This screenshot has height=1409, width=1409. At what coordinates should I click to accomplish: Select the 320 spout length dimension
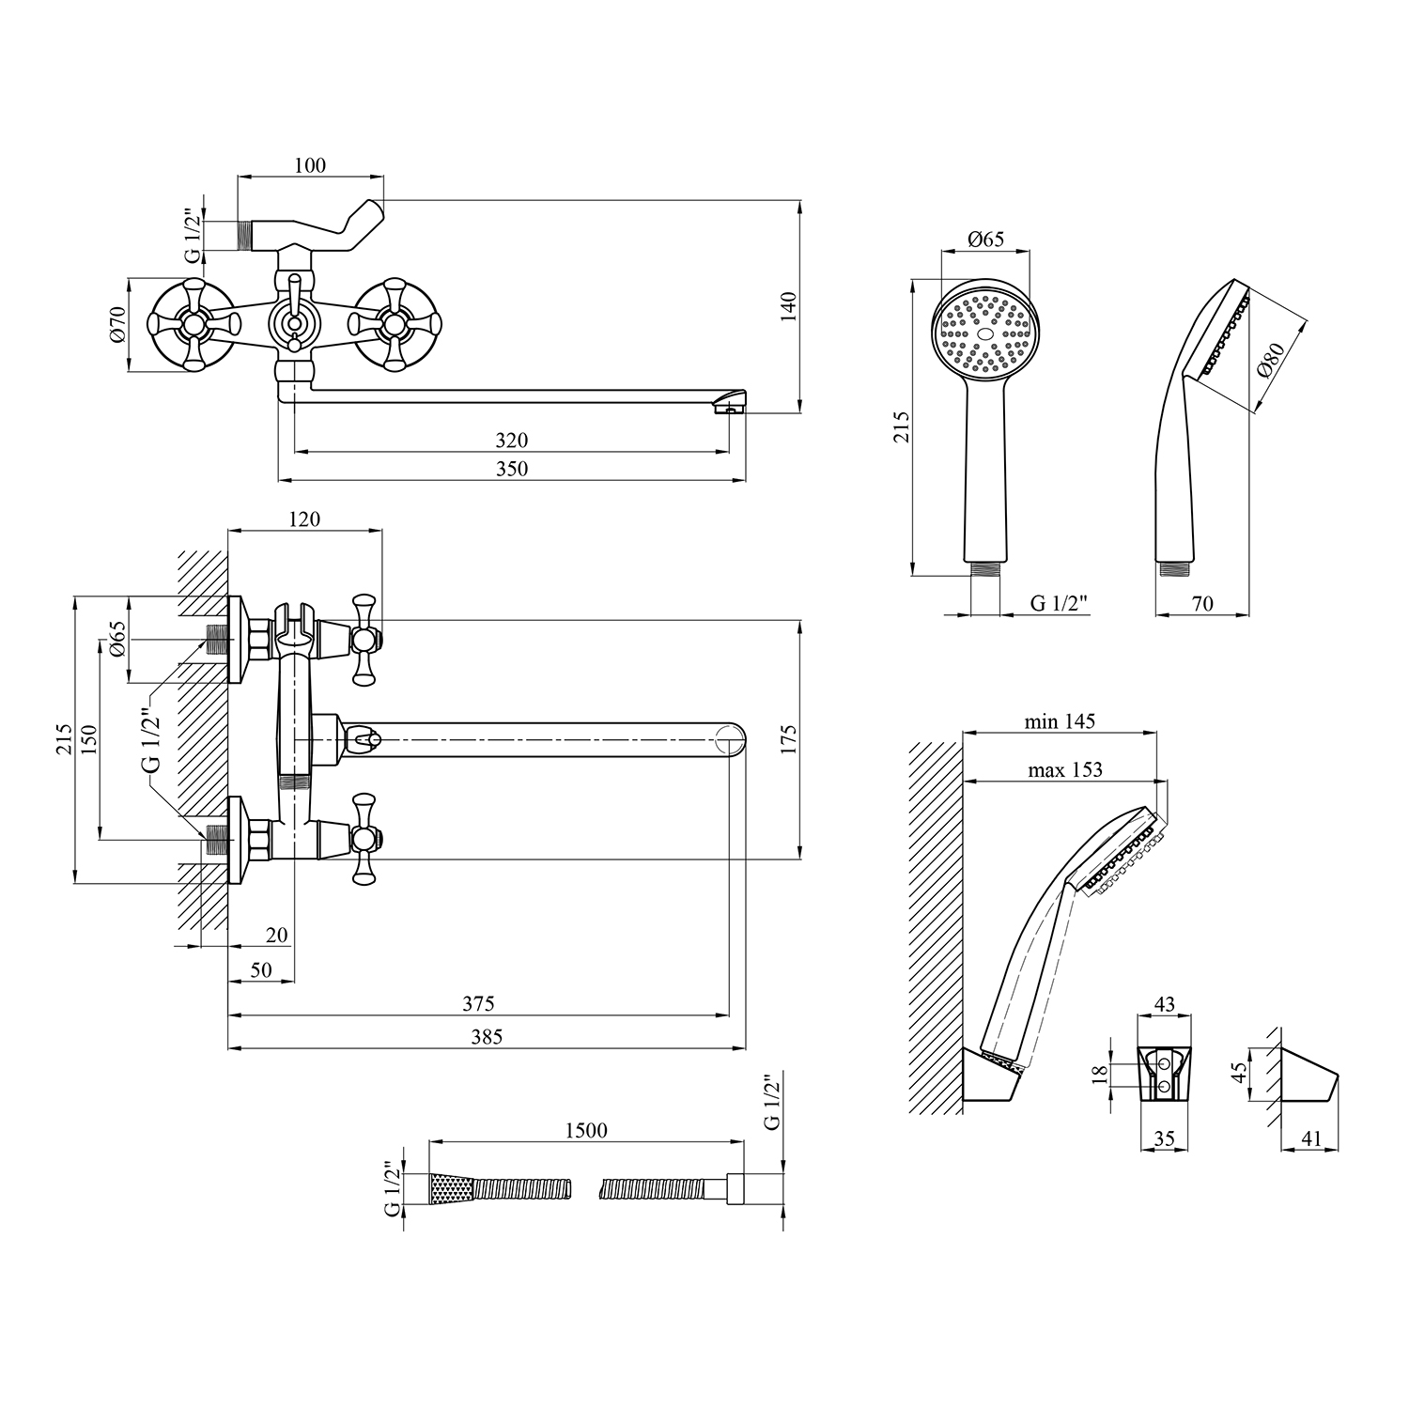[512, 440]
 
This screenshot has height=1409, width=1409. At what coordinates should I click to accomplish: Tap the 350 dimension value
[512, 469]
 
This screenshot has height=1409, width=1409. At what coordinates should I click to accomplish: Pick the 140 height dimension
[788, 307]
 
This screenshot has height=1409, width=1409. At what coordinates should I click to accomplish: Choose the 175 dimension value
[788, 739]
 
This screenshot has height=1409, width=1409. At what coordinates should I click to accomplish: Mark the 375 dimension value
[478, 1003]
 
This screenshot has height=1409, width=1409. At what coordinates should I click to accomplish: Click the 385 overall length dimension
[486, 1036]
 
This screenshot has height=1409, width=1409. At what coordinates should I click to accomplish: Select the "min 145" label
[1061, 721]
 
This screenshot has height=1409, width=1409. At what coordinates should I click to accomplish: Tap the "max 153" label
[1064, 769]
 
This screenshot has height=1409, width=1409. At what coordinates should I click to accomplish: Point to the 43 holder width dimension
[1164, 1004]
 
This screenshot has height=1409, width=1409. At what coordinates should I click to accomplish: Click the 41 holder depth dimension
[1311, 1138]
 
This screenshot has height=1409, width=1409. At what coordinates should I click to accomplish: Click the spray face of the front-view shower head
[985, 333]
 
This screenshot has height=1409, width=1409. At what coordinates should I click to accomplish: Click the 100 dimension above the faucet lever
[310, 165]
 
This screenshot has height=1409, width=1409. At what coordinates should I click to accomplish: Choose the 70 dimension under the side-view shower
[1201, 604]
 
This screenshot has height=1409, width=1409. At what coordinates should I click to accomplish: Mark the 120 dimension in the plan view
[304, 519]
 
